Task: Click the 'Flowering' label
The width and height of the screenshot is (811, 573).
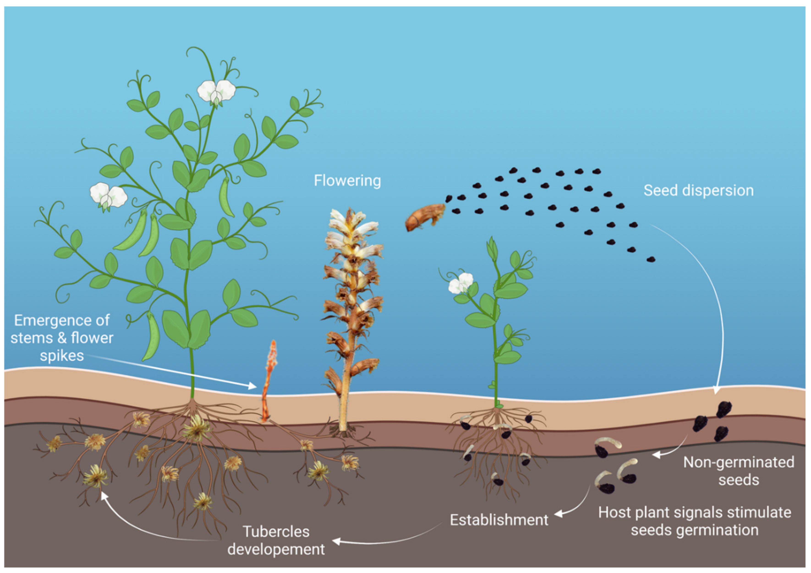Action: tap(347, 181)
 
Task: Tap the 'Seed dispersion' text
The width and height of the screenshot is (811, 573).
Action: tap(698, 190)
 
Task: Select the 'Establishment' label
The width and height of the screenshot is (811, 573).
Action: tap(499, 520)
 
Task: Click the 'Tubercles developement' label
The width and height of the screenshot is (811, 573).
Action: tap(276, 540)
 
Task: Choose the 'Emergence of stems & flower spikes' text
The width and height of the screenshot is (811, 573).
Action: tap(62, 338)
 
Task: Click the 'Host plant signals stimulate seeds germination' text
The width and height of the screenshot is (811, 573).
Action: tap(694, 521)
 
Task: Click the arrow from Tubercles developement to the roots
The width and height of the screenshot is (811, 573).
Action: tap(141, 527)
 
